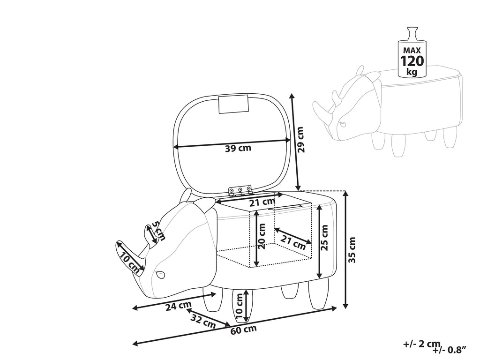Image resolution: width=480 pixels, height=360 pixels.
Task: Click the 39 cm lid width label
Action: point(238,149)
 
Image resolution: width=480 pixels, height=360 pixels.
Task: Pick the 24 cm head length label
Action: point(178,307)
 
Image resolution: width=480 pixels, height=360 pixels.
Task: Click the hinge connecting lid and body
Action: point(240,190)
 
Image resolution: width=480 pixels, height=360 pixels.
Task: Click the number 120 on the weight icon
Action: point(412,61)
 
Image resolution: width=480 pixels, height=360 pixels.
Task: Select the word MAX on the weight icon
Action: point(412,49)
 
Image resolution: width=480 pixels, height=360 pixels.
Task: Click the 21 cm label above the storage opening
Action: point(262,202)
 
